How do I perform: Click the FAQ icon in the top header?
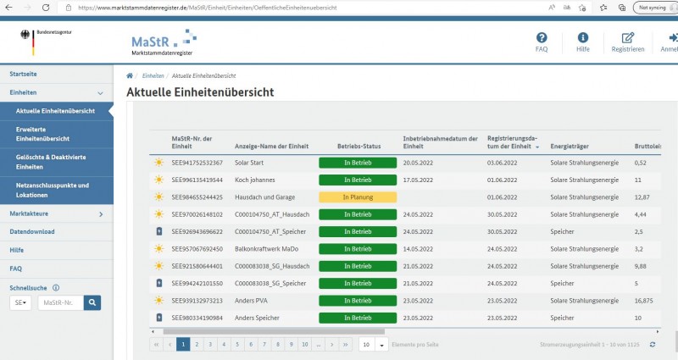pyautogui.click(x=542, y=39)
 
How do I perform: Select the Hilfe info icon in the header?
pyautogui.click(x=583, y=39)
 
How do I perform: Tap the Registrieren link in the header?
pyautogui.click(x=628, y=39)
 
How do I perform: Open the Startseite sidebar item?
pyautogui.click(x=24, y=74)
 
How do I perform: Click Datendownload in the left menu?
pyautogui.click(x=32, y=231)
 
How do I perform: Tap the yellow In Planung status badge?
pyautogui.click(x=357, y=197)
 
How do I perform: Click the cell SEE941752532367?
pyautogui.click(x=197, y=162)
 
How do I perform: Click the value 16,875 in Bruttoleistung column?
pyautogui.click(x=644, y=300)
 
